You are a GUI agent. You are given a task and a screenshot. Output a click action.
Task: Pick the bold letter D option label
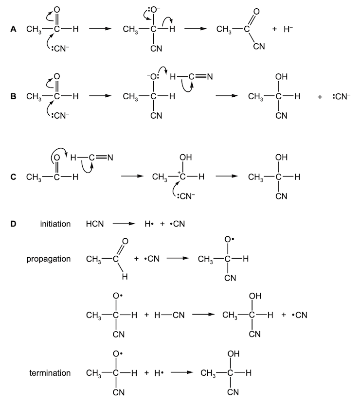click(13, 224)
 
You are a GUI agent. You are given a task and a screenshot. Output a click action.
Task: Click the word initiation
click(56, 224)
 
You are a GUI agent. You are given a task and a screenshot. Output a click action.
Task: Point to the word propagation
click(49, 259)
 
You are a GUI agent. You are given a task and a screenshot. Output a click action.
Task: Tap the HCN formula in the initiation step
click(94, 224)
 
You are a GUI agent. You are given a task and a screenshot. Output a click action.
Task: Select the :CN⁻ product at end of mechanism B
click(342, 96)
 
